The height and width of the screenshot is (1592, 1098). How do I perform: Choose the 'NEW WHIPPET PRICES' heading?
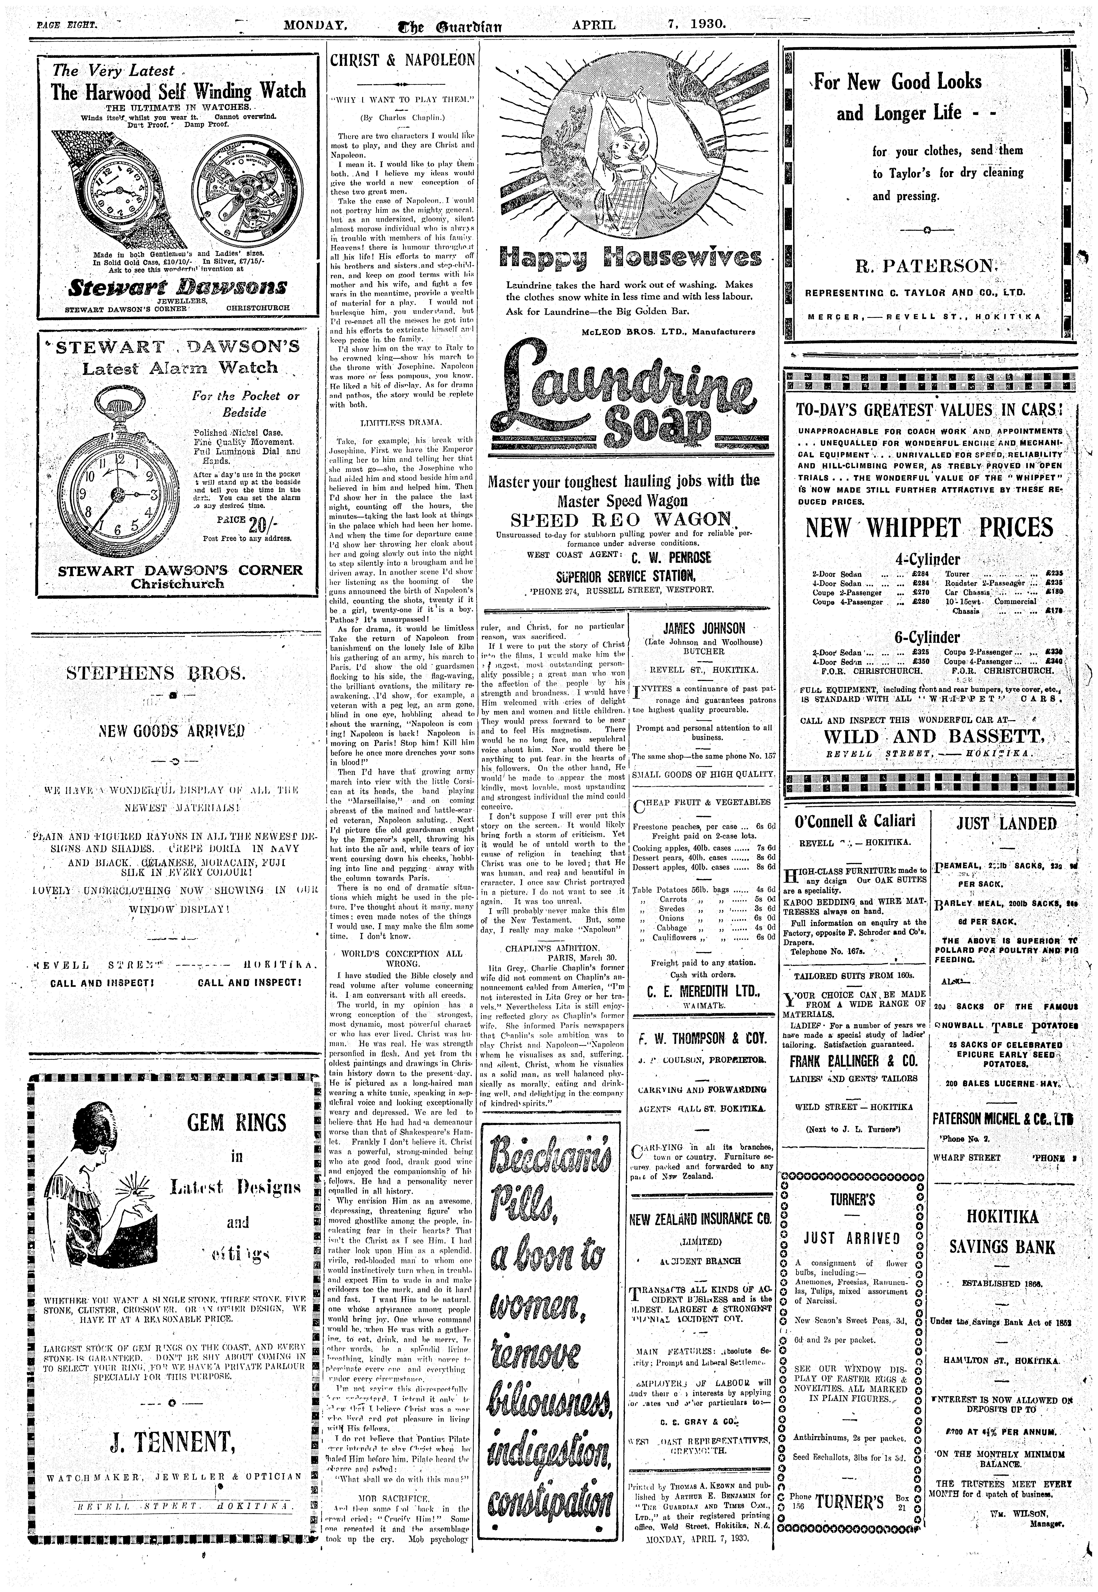[929, 528]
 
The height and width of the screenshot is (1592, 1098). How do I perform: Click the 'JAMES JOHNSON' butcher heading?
[703, 628]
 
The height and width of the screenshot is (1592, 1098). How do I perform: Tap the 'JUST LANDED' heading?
[1006, 824]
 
